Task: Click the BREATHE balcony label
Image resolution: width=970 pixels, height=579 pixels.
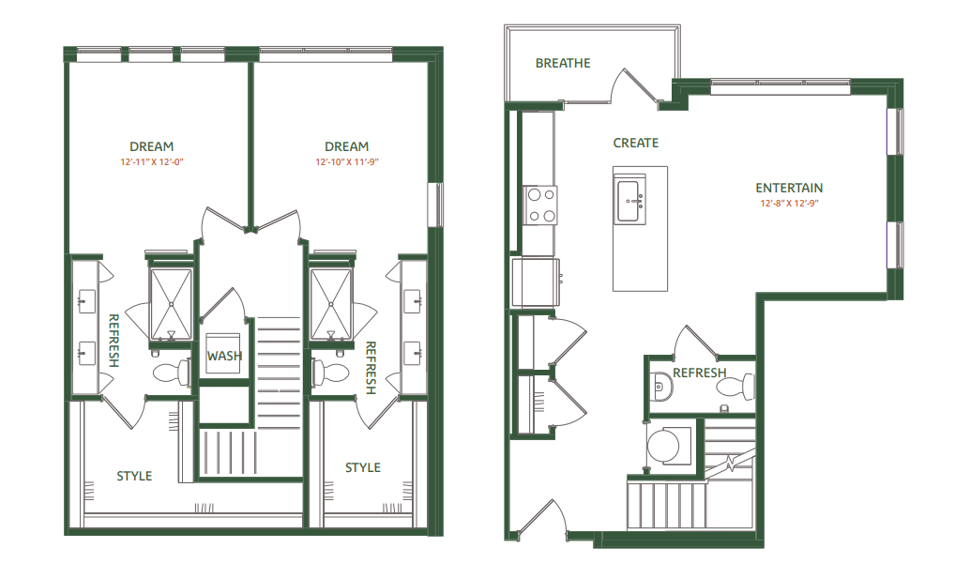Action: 563,63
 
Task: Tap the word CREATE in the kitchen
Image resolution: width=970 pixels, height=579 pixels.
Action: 635,143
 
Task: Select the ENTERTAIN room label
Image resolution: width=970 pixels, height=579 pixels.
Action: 789,188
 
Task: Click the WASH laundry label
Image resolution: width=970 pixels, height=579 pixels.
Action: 224,356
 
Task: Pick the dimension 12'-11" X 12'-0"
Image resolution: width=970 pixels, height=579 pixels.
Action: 151,162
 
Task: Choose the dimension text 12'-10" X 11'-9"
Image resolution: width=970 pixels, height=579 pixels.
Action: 346,162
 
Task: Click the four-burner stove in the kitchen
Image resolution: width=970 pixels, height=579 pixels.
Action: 540,206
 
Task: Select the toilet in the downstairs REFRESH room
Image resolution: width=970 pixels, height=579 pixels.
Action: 746,386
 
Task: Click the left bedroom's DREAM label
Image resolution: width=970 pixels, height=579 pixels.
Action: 151,146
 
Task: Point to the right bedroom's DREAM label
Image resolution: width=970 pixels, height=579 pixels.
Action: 346,146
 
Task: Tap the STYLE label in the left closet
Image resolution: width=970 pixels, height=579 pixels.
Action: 134,476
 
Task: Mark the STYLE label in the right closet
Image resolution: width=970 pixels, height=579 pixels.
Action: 362,467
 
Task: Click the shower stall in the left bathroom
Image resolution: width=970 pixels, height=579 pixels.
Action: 172,304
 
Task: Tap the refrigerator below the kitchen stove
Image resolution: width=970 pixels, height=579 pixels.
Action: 535,282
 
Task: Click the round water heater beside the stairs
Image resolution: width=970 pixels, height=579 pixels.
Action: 669,446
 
